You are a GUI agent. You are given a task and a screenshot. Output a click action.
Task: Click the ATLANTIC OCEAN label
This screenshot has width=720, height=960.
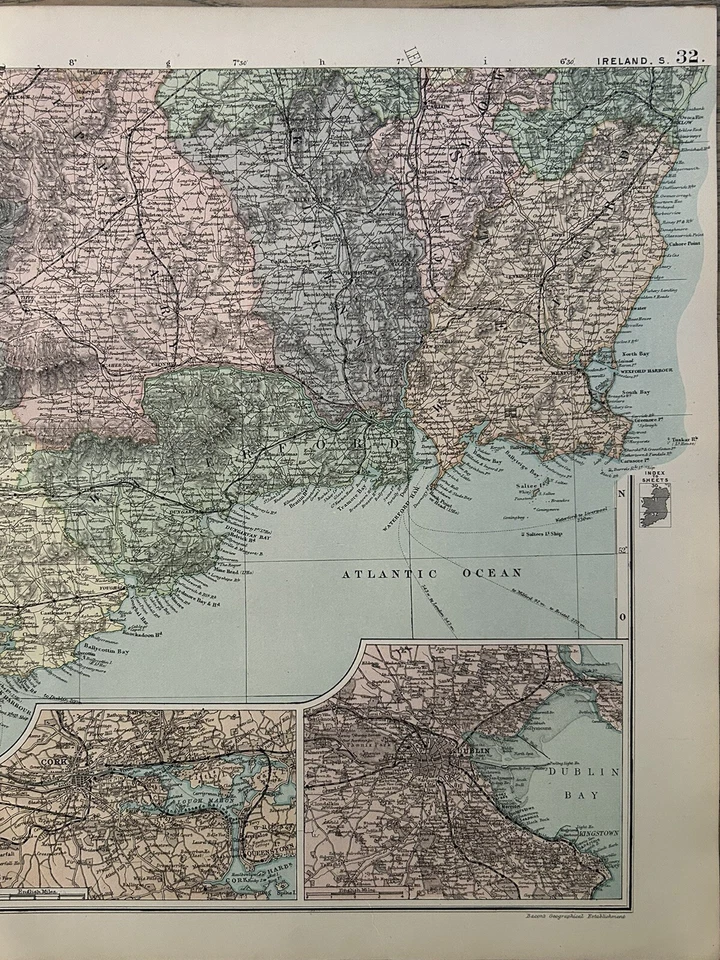click(432, 574)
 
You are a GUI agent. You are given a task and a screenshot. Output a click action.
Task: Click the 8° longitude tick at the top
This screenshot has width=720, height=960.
click(73, 63)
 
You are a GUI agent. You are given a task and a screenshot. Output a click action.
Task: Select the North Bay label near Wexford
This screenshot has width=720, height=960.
click(629, 355)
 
